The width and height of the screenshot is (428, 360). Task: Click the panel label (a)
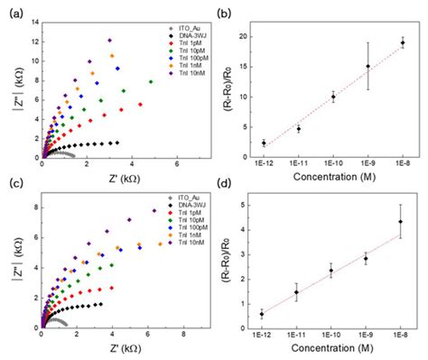coord(11,11)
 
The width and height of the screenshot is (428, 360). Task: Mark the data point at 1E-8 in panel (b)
coord(403,43)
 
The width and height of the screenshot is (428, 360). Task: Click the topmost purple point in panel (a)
coord(109,40)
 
